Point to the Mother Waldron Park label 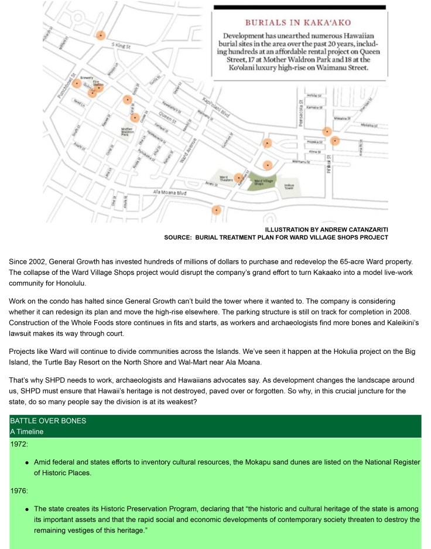[x=126, y=131]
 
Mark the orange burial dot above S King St [x=101, y=36]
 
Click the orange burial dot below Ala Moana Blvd [x=217, y=209]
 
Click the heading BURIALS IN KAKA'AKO [x=297, y=22]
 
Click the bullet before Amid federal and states [x=27, y=463]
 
